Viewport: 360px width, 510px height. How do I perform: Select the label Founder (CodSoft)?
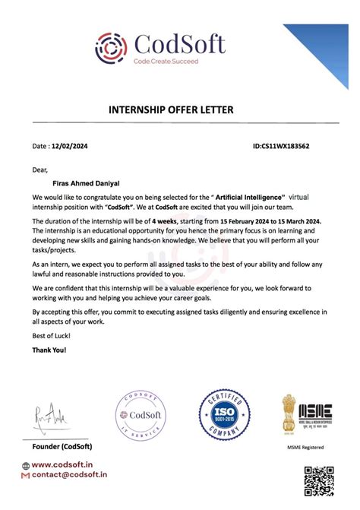(63, 445)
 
